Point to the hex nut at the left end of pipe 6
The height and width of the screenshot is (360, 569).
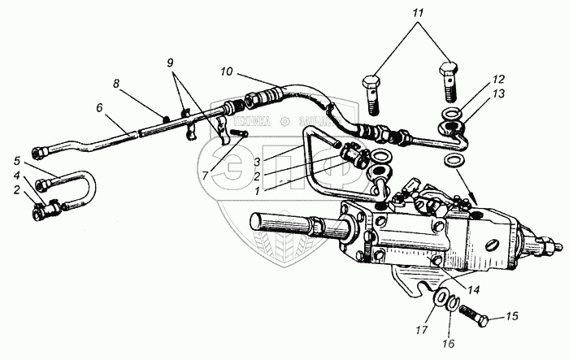click(x=37, y=152)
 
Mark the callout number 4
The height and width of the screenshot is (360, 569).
click(x=16, y=174)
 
